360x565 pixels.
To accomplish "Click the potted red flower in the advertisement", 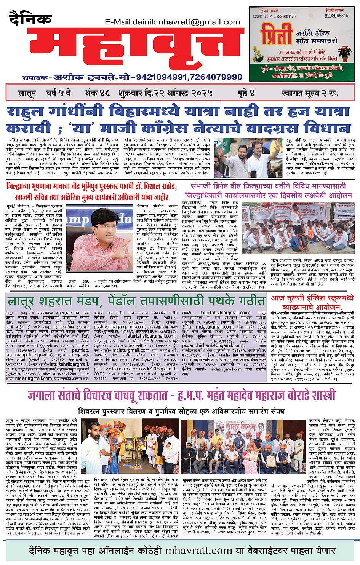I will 345,52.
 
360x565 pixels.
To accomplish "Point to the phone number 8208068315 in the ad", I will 336,16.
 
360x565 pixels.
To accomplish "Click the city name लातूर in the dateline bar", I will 27,93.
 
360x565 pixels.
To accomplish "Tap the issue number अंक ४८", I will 97,93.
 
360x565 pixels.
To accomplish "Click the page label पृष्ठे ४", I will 246,93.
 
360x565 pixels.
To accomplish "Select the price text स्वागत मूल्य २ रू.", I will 309,93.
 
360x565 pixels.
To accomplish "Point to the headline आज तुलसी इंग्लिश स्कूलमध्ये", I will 312,298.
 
